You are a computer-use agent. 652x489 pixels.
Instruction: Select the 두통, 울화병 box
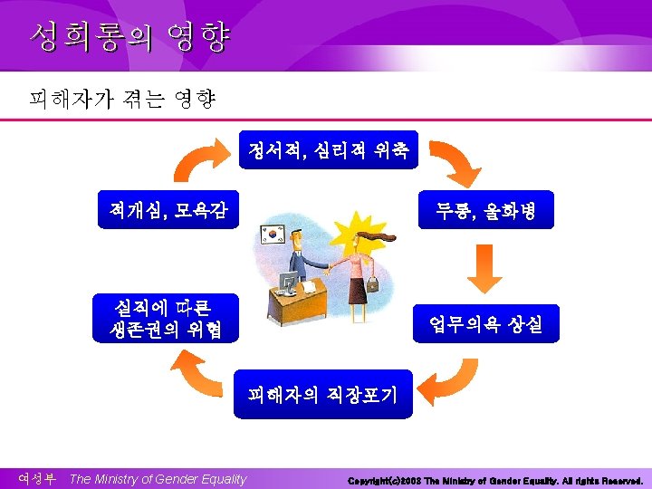tap(486, 211)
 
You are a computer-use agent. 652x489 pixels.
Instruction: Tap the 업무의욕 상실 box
tap(486, 323)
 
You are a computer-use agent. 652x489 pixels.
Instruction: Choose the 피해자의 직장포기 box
tap(322, 394)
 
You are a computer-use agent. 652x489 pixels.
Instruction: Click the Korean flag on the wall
tap(273, 233)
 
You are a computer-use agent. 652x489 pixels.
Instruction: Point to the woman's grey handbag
tap(372, 285)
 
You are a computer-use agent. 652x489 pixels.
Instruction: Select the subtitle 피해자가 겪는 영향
tap(122, 99)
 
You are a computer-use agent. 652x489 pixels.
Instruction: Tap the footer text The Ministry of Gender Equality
tap(158, 479)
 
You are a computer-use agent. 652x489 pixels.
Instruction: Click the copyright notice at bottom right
tap(494, 480)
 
